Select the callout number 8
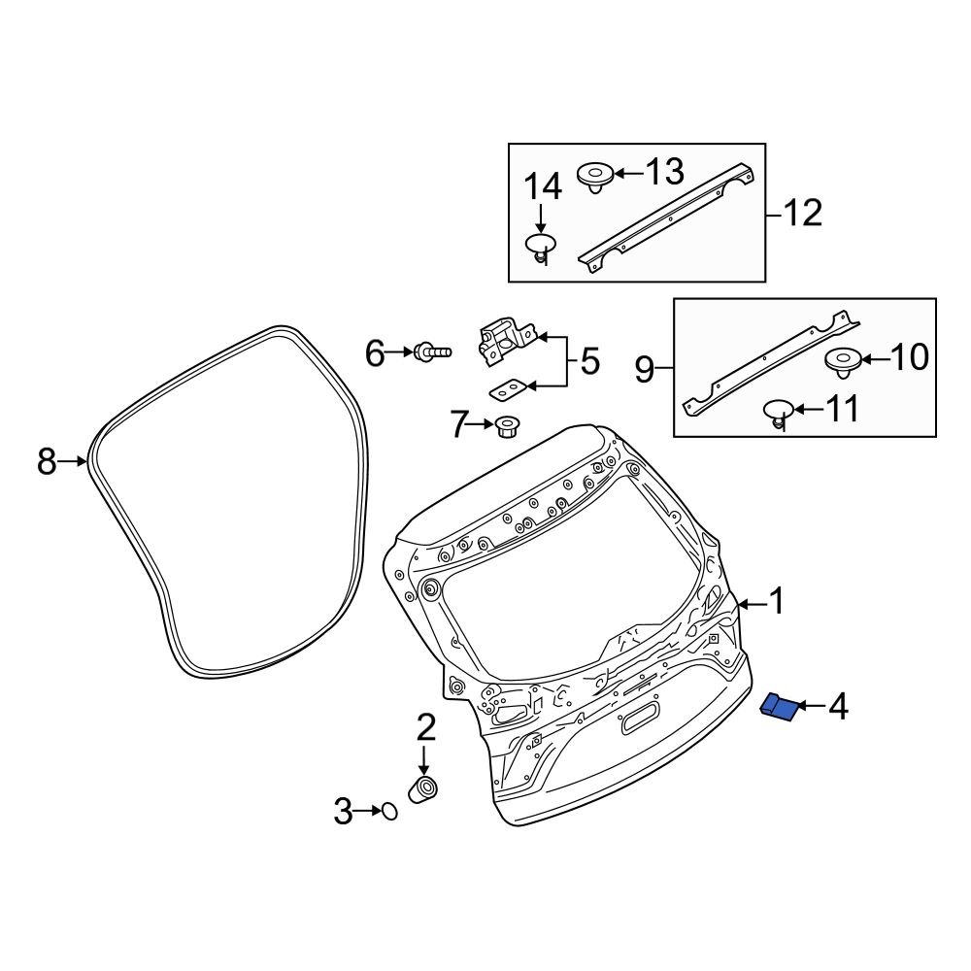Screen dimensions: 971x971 [47, 462]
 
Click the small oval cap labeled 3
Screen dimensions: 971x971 [388, 811]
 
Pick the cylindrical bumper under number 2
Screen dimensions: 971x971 [423, 789]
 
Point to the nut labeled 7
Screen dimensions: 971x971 [505, 426]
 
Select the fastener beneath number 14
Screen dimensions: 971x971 [541, 247]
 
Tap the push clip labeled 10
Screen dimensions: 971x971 [843, 362]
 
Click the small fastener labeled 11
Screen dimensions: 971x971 [778, 412]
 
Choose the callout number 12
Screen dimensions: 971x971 [802, 213]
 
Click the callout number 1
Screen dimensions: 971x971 [776, 603]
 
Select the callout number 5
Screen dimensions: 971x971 [589, 362]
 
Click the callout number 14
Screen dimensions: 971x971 [543, 185]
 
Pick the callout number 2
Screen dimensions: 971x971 [425, 725]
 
